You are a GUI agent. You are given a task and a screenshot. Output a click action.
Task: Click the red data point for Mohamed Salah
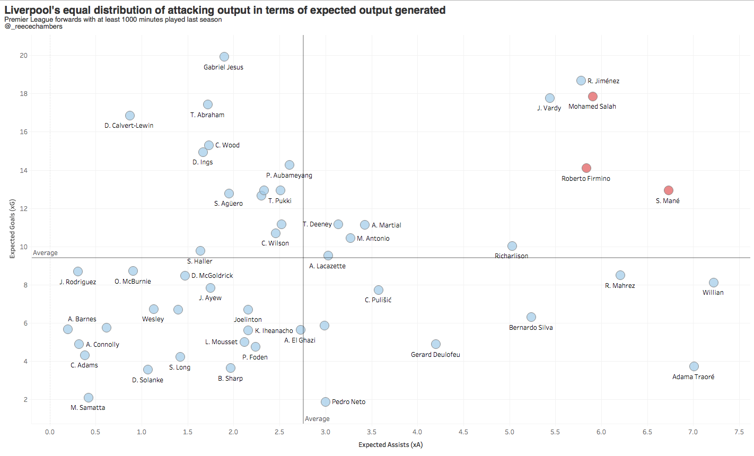(x=593, y=97)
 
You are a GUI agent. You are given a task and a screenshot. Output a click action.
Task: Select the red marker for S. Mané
(x=669, y=190)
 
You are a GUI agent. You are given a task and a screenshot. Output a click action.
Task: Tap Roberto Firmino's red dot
(x=586, y=168)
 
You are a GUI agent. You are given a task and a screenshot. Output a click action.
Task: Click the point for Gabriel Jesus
(x=224, y=57)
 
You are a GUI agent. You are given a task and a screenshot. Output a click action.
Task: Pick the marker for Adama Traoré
(x=694, y=366)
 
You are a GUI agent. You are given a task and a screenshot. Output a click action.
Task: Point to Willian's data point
(x=714, y=283)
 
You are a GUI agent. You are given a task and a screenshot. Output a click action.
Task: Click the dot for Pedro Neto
(x=326, y=402)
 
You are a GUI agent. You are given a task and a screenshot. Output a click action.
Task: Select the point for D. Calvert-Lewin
(x=130, y=116)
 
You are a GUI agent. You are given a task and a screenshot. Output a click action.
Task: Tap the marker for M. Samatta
(x=89, y=398)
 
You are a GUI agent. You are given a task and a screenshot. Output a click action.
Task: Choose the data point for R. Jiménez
(x=581, y=81)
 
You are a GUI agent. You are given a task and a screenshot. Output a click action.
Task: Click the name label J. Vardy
(x=549, y=108)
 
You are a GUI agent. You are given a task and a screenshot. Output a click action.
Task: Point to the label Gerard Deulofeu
(x=435, y=355)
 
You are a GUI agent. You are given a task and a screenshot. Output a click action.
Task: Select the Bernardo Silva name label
(x=531, y=328)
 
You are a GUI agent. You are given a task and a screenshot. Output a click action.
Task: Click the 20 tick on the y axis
(x=24, y=56)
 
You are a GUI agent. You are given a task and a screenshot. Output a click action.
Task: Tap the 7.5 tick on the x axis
(x=739, y=432)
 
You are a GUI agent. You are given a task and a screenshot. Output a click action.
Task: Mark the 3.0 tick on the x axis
(x=326, y=432)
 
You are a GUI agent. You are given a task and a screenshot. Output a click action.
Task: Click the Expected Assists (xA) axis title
(x=391, y=445)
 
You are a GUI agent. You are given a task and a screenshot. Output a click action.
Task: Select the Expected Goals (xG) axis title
(x=12, y=229)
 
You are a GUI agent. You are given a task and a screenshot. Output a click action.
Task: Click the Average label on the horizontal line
(x=46, y=253)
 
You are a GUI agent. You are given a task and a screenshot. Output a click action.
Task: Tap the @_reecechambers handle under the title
(x=33, y=27)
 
